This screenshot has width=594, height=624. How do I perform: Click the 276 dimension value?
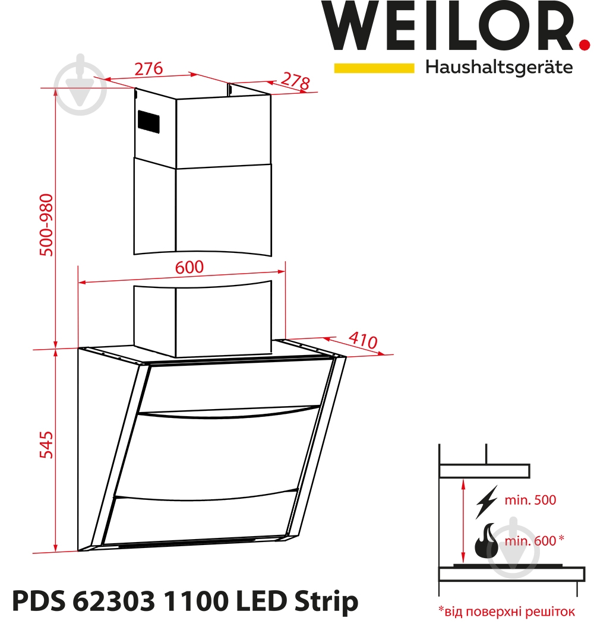(x=148, y=69)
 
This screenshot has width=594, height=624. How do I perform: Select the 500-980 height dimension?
(x=46, y=225)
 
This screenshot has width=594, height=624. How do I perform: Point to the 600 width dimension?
(x=189, y=267)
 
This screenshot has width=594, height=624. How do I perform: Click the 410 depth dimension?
(x=363, y=341)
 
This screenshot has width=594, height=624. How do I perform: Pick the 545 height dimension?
(x=46, y=445)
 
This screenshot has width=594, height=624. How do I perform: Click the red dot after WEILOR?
(x=584, y=44)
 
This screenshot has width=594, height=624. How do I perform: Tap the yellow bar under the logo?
(x=374, y=68)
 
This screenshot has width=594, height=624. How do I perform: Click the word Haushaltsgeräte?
(x=499, y=67)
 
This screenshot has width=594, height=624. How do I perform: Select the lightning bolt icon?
(x=486, y=502)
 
